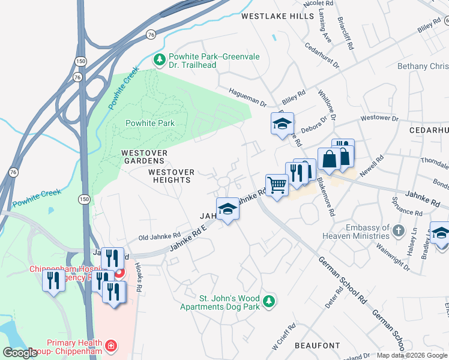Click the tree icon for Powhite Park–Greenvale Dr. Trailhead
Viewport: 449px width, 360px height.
[160, 59]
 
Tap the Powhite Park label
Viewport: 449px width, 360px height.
[149, 123]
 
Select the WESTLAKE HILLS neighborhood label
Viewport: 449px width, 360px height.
[277, 17]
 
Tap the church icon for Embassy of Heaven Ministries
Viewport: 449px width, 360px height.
[398, 230]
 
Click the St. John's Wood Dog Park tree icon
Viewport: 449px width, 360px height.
[270, 299]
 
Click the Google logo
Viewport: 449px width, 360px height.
[20, 353]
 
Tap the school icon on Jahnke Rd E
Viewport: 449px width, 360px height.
[227, 208]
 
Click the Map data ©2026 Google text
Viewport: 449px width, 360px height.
[412, 355]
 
